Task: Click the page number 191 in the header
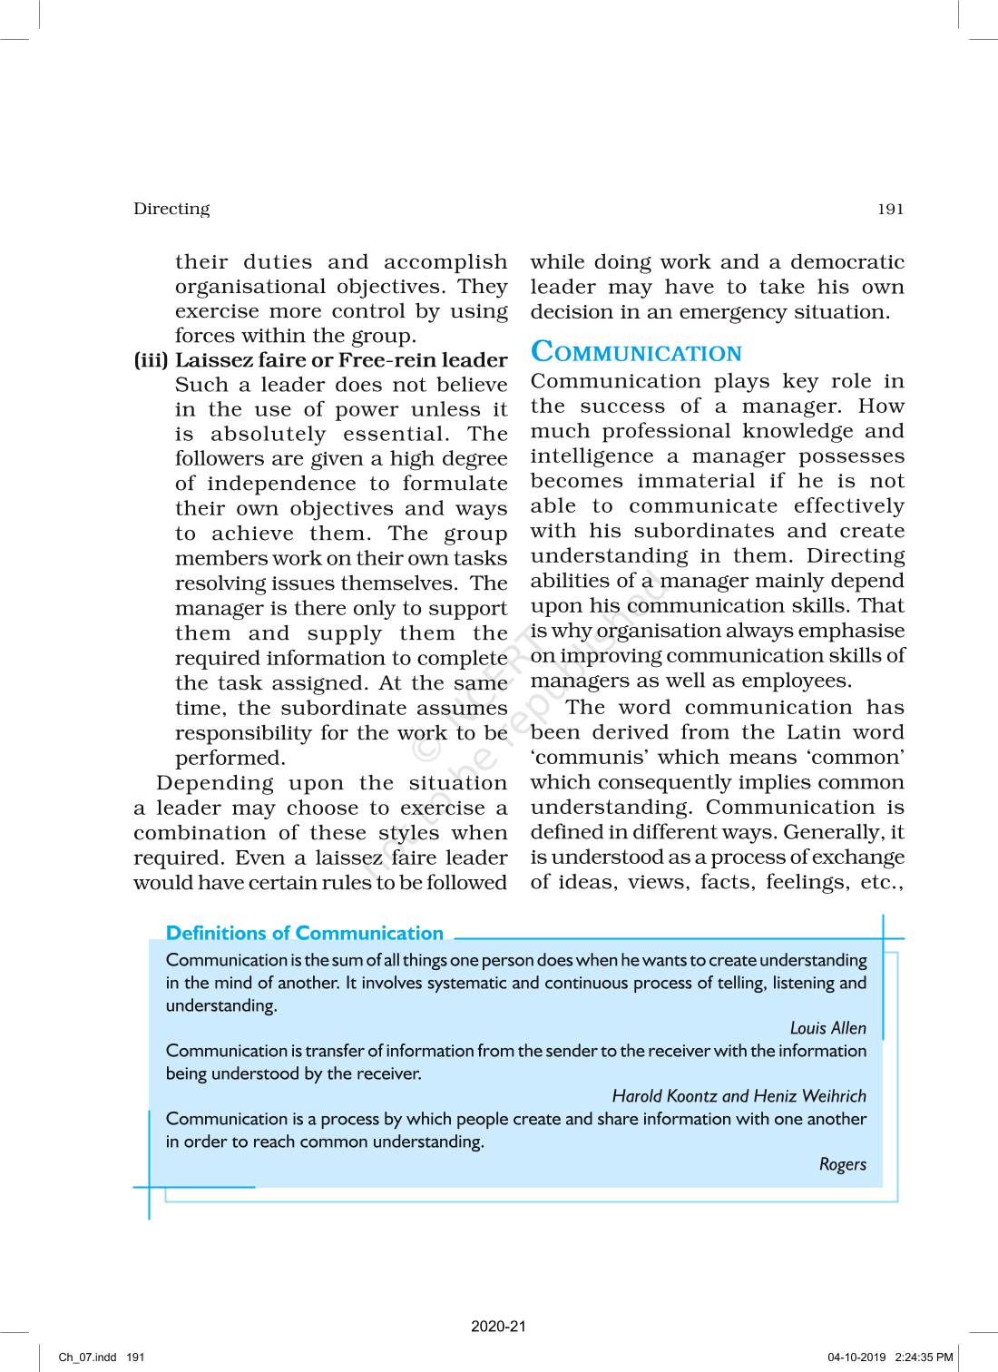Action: (x=890, y=209)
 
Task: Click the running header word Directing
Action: (x=171, y=209)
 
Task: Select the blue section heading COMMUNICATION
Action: (x=636, y=352)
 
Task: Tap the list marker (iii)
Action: (x=152, y=360)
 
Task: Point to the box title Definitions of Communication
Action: (x=305, y=934)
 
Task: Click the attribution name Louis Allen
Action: (x=827, y=1028)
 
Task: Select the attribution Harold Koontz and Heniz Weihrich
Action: (x=739, y=1096)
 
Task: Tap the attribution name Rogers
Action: (x=842, y=1164)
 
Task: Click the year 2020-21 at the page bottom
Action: (x=498, y=1327)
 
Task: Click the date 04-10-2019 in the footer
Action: (x=856, y=1357)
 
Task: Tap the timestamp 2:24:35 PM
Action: (x=924, y=1357)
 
